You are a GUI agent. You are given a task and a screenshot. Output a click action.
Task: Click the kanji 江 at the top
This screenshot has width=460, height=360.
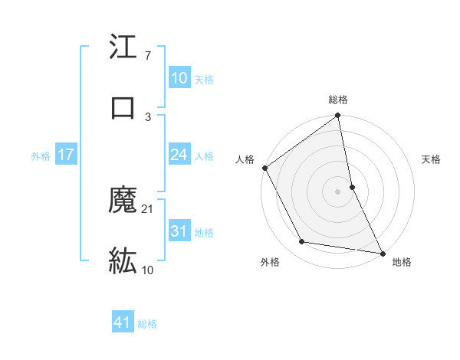coord(123,48)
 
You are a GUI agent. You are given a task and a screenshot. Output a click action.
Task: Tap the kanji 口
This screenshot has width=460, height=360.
coord(123,107)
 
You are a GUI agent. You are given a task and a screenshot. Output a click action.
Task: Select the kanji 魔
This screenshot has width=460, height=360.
coord(123,201)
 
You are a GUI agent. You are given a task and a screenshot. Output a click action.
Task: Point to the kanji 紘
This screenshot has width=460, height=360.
coord(123,261)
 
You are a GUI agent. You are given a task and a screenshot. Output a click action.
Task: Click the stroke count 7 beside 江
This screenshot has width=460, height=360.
coord(148,56)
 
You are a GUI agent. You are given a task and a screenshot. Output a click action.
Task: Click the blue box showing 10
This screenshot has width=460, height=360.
coord(179,78)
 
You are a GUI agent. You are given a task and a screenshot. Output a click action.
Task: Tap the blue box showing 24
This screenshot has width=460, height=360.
coord(179,155)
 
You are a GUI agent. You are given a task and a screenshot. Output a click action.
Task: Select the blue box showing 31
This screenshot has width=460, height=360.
coord(179,231)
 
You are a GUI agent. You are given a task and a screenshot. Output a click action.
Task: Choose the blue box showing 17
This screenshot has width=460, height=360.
coord(66,155)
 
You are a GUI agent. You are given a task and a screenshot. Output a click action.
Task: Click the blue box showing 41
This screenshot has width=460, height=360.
coord(123,322)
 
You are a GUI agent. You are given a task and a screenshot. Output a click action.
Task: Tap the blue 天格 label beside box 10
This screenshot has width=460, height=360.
coord(204,80)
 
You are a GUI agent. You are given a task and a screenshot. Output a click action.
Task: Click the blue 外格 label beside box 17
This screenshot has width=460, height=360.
coord(41,156)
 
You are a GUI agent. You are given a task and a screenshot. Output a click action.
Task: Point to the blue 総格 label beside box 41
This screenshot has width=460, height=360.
coord(147,324)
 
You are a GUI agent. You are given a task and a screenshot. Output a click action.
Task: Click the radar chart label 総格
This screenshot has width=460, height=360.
coord(338,100)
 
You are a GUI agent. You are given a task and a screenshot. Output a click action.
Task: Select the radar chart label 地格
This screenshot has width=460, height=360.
coord(402,262)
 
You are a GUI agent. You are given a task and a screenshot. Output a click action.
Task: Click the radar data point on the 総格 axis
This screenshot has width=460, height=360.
coord(338,116)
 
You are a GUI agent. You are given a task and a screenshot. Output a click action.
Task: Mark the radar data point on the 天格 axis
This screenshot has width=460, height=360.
coord(352,186)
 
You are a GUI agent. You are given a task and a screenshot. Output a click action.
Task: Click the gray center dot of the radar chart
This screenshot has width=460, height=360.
coord(338,191)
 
